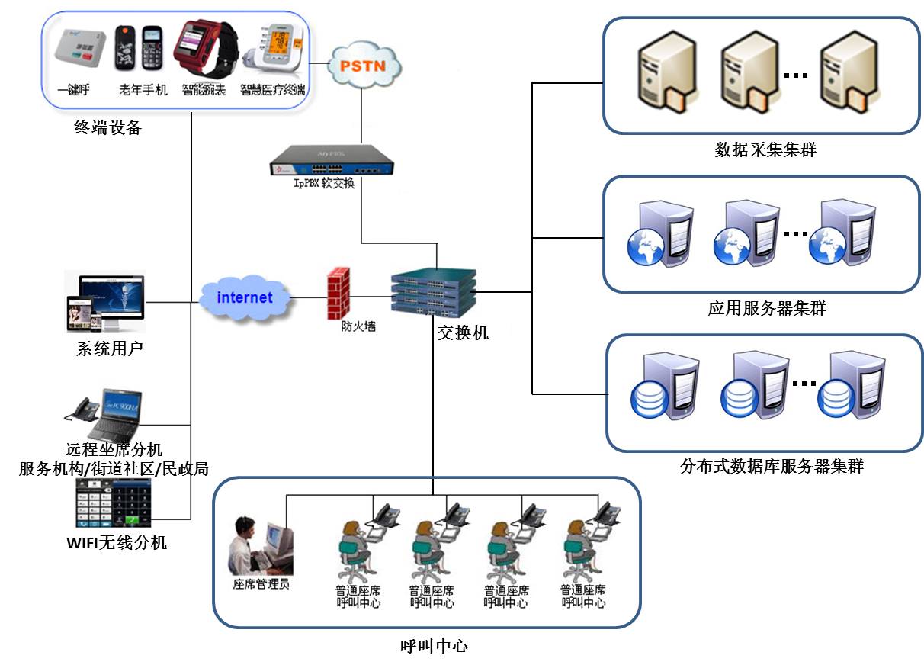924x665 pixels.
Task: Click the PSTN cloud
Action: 364,66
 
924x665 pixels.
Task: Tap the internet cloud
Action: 245,297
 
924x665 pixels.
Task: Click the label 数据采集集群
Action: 765,149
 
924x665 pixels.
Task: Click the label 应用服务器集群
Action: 767,309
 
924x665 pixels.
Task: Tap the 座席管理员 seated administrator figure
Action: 260,546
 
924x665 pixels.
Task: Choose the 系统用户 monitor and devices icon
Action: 106,302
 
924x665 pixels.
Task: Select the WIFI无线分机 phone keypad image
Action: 114,503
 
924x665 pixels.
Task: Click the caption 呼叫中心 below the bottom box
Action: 433,647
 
